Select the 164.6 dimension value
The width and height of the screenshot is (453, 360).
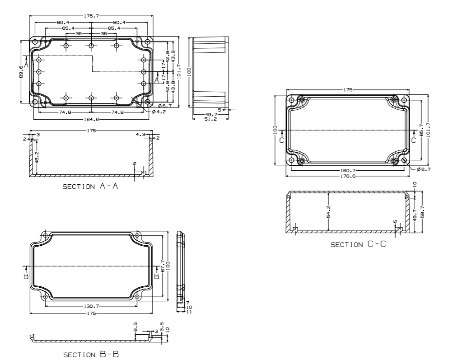pos(91,119)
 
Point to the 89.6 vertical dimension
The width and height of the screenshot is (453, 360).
pos(22,71)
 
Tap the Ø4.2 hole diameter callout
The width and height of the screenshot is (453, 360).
pos(159,111)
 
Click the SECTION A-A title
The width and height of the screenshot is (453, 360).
pos(90,187)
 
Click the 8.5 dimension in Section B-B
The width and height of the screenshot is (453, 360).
pos(135,327)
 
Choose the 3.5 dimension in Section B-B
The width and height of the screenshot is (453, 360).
pos(162,326)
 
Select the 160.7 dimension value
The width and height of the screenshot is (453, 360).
pos(347,171)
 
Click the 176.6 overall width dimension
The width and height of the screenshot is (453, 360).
pos(347,176)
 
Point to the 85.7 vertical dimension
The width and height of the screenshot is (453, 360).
pos(421,130)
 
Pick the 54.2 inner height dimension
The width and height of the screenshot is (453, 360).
pos(328,211)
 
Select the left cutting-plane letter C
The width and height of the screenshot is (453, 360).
pos(281,140)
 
